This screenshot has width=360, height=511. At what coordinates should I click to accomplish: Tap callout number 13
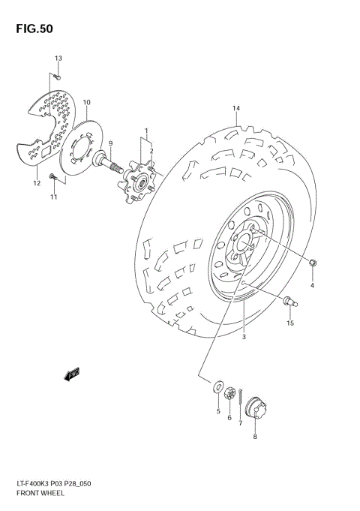[x=58, y=59]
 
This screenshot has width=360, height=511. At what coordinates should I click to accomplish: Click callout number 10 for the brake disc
[x=87, y=102]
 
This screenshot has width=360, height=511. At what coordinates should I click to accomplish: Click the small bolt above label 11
[x=52, y=176]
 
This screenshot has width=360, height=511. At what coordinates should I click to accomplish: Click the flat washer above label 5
[x=217, y=388]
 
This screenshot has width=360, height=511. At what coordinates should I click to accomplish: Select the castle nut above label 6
[x=230, y=393]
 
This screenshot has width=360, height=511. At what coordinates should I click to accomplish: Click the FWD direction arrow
[x=73, y=374]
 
